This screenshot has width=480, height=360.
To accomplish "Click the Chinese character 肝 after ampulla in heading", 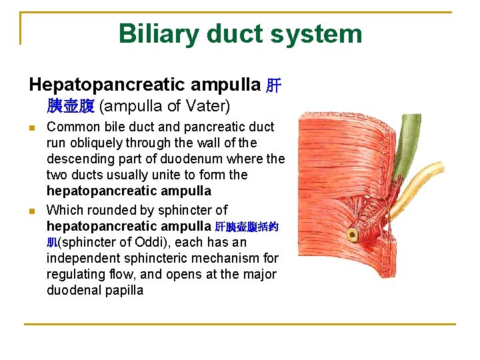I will [273, 85].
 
